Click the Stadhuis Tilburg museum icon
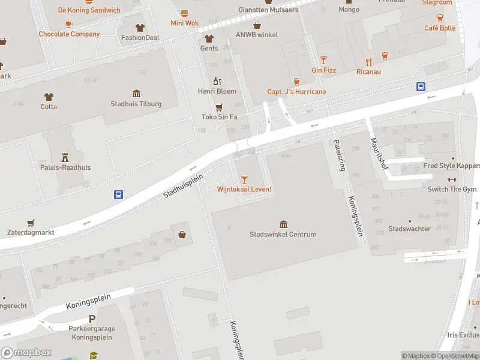tap(136, 94)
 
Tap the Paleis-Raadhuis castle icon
tap(65, 157)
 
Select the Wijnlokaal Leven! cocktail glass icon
tap(244, 179)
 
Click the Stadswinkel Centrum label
tap(283, 234)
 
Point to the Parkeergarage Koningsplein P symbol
tap(92, 319)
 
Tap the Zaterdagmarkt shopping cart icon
tap(31, 222)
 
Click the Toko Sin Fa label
tap(219, 116)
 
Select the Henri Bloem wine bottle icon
tap(217, 81)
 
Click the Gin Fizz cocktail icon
tap(323, 60)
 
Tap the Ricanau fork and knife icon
tap(368, 62)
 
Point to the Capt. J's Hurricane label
tap(296, 92)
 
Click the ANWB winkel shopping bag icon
tap(257, 25)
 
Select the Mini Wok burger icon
tap(184, 13)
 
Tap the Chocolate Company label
tap(69, 34)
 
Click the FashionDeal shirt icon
tap(140, 27)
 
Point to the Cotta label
tap(49, 107)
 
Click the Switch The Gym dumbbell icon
tap(452, 179)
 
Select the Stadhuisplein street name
tap(184, 186)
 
